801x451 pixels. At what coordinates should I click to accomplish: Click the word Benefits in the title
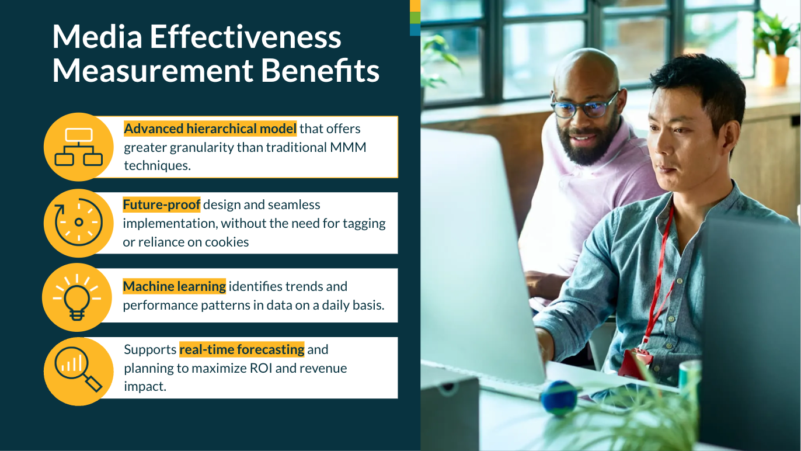pos(320,70)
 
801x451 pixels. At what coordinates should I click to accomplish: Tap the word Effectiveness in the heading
pos(246,36)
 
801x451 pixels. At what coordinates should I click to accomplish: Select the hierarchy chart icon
pos(79,147)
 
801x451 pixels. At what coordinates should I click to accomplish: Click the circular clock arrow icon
pos(79,222)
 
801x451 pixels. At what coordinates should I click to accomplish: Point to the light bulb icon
pos(77,297)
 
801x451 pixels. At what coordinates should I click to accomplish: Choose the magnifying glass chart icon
pos(78,369)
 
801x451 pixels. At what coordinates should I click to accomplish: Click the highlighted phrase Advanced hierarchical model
pos(210,129)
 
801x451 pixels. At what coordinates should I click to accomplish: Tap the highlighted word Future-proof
pos(162,204)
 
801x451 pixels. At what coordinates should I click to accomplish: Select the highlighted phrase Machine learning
pos(175,286)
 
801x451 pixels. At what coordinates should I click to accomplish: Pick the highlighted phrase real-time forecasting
pos(242,349)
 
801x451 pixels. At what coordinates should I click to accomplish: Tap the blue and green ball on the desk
pos(559,398)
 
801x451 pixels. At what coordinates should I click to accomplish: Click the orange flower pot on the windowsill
pos(774,70)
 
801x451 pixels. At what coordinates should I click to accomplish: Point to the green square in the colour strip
pos(415,18)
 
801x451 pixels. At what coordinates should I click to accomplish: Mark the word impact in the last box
pos(145,387)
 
